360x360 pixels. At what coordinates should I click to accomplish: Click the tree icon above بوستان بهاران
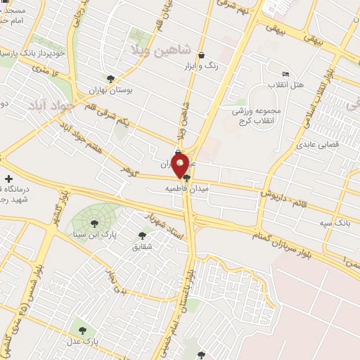[x=110, y=79]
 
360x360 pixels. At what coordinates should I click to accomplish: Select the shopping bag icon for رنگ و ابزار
[x=202, y=55]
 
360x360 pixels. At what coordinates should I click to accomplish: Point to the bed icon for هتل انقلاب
[x=285, y=74]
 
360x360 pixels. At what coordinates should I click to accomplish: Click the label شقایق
[x=141, y=247]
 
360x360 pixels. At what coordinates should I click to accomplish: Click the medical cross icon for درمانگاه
[x=8, y=179]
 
